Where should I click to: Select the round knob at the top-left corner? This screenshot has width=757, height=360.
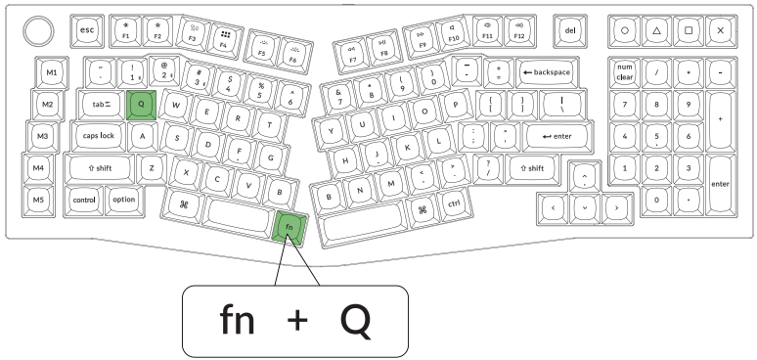(40, 30)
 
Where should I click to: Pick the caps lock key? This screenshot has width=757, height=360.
(99, 135)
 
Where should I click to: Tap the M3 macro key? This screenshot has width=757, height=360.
(41, 136)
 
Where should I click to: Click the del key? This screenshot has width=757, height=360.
(571, 30)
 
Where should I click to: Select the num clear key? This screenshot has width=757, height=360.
(625, 72)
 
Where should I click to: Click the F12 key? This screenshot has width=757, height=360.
(518, 32)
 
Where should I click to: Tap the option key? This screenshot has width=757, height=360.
(124, 200)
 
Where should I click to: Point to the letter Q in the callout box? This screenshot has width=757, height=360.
(355, 320)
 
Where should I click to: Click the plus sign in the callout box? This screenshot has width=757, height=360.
(295, 321)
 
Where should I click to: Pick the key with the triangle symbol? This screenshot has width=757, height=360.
(656, 30)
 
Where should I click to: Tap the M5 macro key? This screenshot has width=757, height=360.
(38, 200)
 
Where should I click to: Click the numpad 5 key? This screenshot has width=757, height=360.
(656, 136)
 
